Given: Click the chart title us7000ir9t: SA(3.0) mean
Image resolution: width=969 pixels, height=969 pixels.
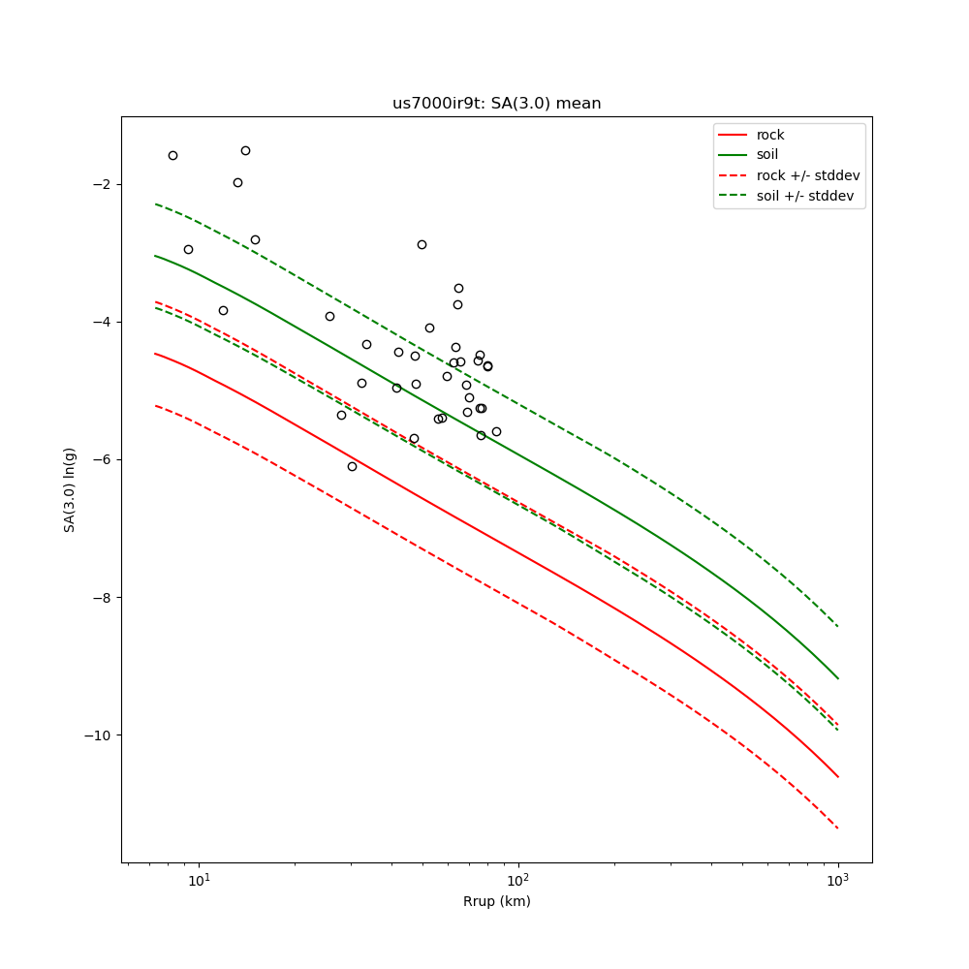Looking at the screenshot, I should pyautogui.click(x=496, y=104).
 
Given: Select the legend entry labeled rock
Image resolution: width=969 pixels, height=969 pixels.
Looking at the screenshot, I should pyautogui.click(x=770, y=135).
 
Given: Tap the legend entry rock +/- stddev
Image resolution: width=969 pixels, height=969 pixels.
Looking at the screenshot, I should pyautogui.click(x=808, y=175).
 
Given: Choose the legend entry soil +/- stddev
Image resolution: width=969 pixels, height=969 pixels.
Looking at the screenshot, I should pyautogui.click(x=807, y=196).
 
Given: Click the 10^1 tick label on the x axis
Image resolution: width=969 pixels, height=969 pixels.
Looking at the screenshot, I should pyautogui.click(x=199, y=880).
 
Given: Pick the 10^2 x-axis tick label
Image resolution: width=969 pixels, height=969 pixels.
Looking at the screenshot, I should pyautogui.click(x=518, y=880).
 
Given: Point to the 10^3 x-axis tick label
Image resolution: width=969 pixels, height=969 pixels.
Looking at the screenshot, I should pyautogui.click(x=838, y=880).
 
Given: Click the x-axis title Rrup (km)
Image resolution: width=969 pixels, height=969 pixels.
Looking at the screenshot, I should pyautogui.click(x=496, y=902).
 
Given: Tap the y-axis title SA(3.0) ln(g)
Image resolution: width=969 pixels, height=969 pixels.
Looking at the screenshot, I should pyautogui.click(x=70, y=489).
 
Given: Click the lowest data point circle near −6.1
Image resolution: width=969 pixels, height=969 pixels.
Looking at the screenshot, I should pyautogui.click(x=352, y=466).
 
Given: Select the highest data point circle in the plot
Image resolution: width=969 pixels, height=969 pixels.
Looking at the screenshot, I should pyautogui.click(x=245, y=150).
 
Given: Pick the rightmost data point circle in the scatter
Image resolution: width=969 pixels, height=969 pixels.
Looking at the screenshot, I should pyautogui.click(x=496, y=431).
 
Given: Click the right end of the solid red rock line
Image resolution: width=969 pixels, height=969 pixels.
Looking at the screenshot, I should pyautogui.click(x=838, y=776).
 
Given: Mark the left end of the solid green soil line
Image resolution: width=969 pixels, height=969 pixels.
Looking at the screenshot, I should pyautogui.click(x=155, y=256).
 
